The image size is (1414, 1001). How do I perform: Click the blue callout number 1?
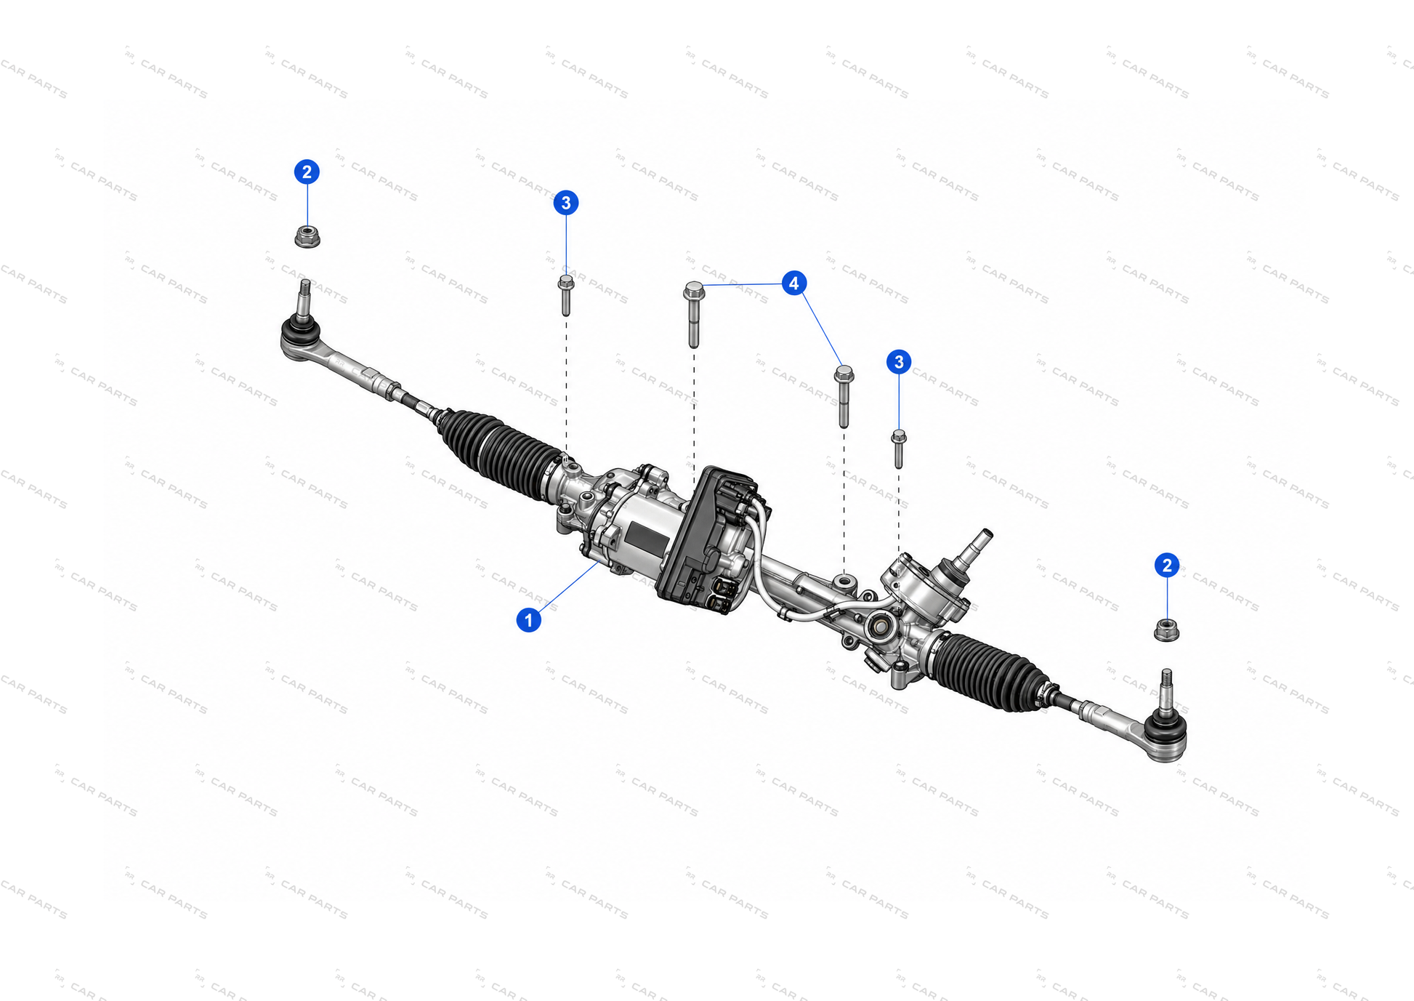[528, 620]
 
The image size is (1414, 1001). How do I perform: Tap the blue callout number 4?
[793, 283]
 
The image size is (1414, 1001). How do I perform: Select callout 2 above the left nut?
[307, 172]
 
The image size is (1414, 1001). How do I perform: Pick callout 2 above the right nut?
[1167, 565]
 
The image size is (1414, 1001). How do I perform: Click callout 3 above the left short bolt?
[566, 203]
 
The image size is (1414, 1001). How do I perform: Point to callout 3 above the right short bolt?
[899, 361]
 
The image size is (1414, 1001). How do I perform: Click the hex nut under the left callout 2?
[307, 236]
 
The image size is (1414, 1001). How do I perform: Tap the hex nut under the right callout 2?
[1166, 630]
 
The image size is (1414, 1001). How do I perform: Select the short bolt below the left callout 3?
[566, 295]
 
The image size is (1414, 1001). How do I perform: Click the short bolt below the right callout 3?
[899, 449]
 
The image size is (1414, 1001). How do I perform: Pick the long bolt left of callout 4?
[694, 314]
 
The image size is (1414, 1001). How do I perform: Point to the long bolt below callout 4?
[844, 396]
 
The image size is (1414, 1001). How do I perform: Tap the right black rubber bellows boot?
[990, 671]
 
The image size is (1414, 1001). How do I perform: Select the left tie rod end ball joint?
[301, 337]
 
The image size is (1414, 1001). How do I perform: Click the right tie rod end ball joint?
[1166, 735]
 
